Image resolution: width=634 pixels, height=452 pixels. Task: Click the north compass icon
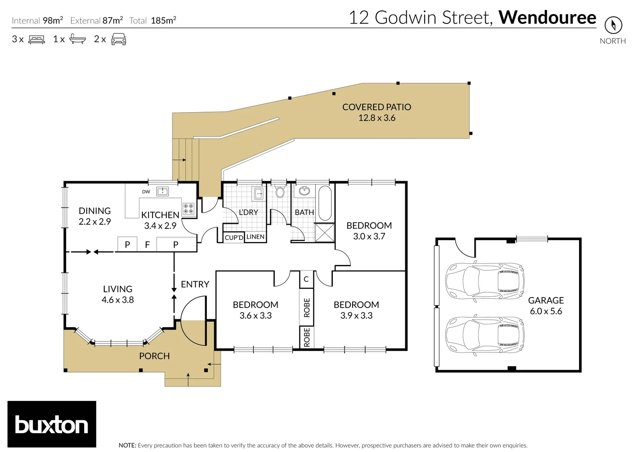pos(613,26)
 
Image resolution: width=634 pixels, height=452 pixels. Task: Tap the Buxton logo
pos(52,424)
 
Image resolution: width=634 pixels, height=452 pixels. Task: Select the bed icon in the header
pos(36,40)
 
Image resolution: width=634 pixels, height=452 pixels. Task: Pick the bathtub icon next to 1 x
pos(77,39)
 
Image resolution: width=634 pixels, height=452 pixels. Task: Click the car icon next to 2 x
pos(119,39)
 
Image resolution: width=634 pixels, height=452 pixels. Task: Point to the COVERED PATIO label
pos(376,107)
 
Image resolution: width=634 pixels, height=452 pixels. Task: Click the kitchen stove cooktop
pos(188,208)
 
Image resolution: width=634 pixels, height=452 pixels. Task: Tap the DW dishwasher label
pos(146,192)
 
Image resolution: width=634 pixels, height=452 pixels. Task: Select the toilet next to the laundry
pos(280,192)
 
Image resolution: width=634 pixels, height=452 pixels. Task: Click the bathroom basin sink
pos(304,191)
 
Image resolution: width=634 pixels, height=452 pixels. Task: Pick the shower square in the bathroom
pos(325,233)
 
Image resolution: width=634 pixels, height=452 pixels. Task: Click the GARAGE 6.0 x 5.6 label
pos(546,306)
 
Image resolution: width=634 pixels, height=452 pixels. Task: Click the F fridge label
pos(147,245)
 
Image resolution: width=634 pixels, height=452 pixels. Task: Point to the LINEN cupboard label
pos(255,237)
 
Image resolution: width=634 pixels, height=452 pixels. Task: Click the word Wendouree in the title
pos(547,18)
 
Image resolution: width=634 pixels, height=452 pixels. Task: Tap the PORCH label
pos(154,356)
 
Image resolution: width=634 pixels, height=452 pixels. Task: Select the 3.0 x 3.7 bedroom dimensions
pos(369,236)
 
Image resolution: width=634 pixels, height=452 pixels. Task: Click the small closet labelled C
pos(306,279)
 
